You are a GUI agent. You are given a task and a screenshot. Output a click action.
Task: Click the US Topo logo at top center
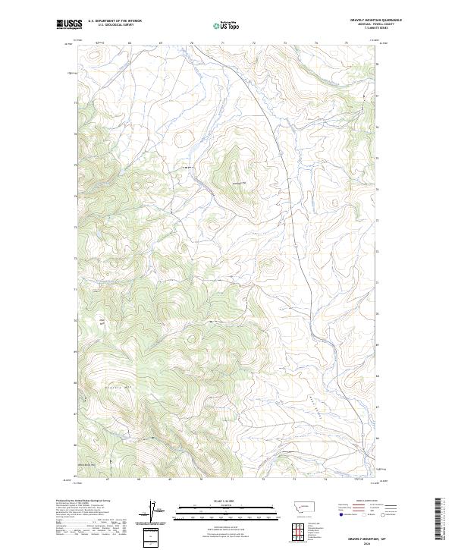(x=227, y=25)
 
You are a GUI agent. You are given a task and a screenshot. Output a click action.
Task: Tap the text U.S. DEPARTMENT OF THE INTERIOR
(x=115, y=21)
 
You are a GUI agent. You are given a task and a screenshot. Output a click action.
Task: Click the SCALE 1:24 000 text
(x=227, y=501)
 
